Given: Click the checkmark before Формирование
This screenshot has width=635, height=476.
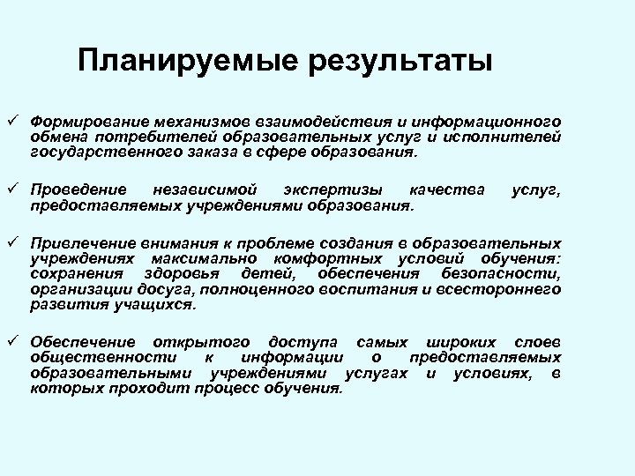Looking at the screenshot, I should pyautogui.click(x=12, y=118).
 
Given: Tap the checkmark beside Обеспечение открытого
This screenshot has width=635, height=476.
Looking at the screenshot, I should pyautogui.click(x=12, y=341).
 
